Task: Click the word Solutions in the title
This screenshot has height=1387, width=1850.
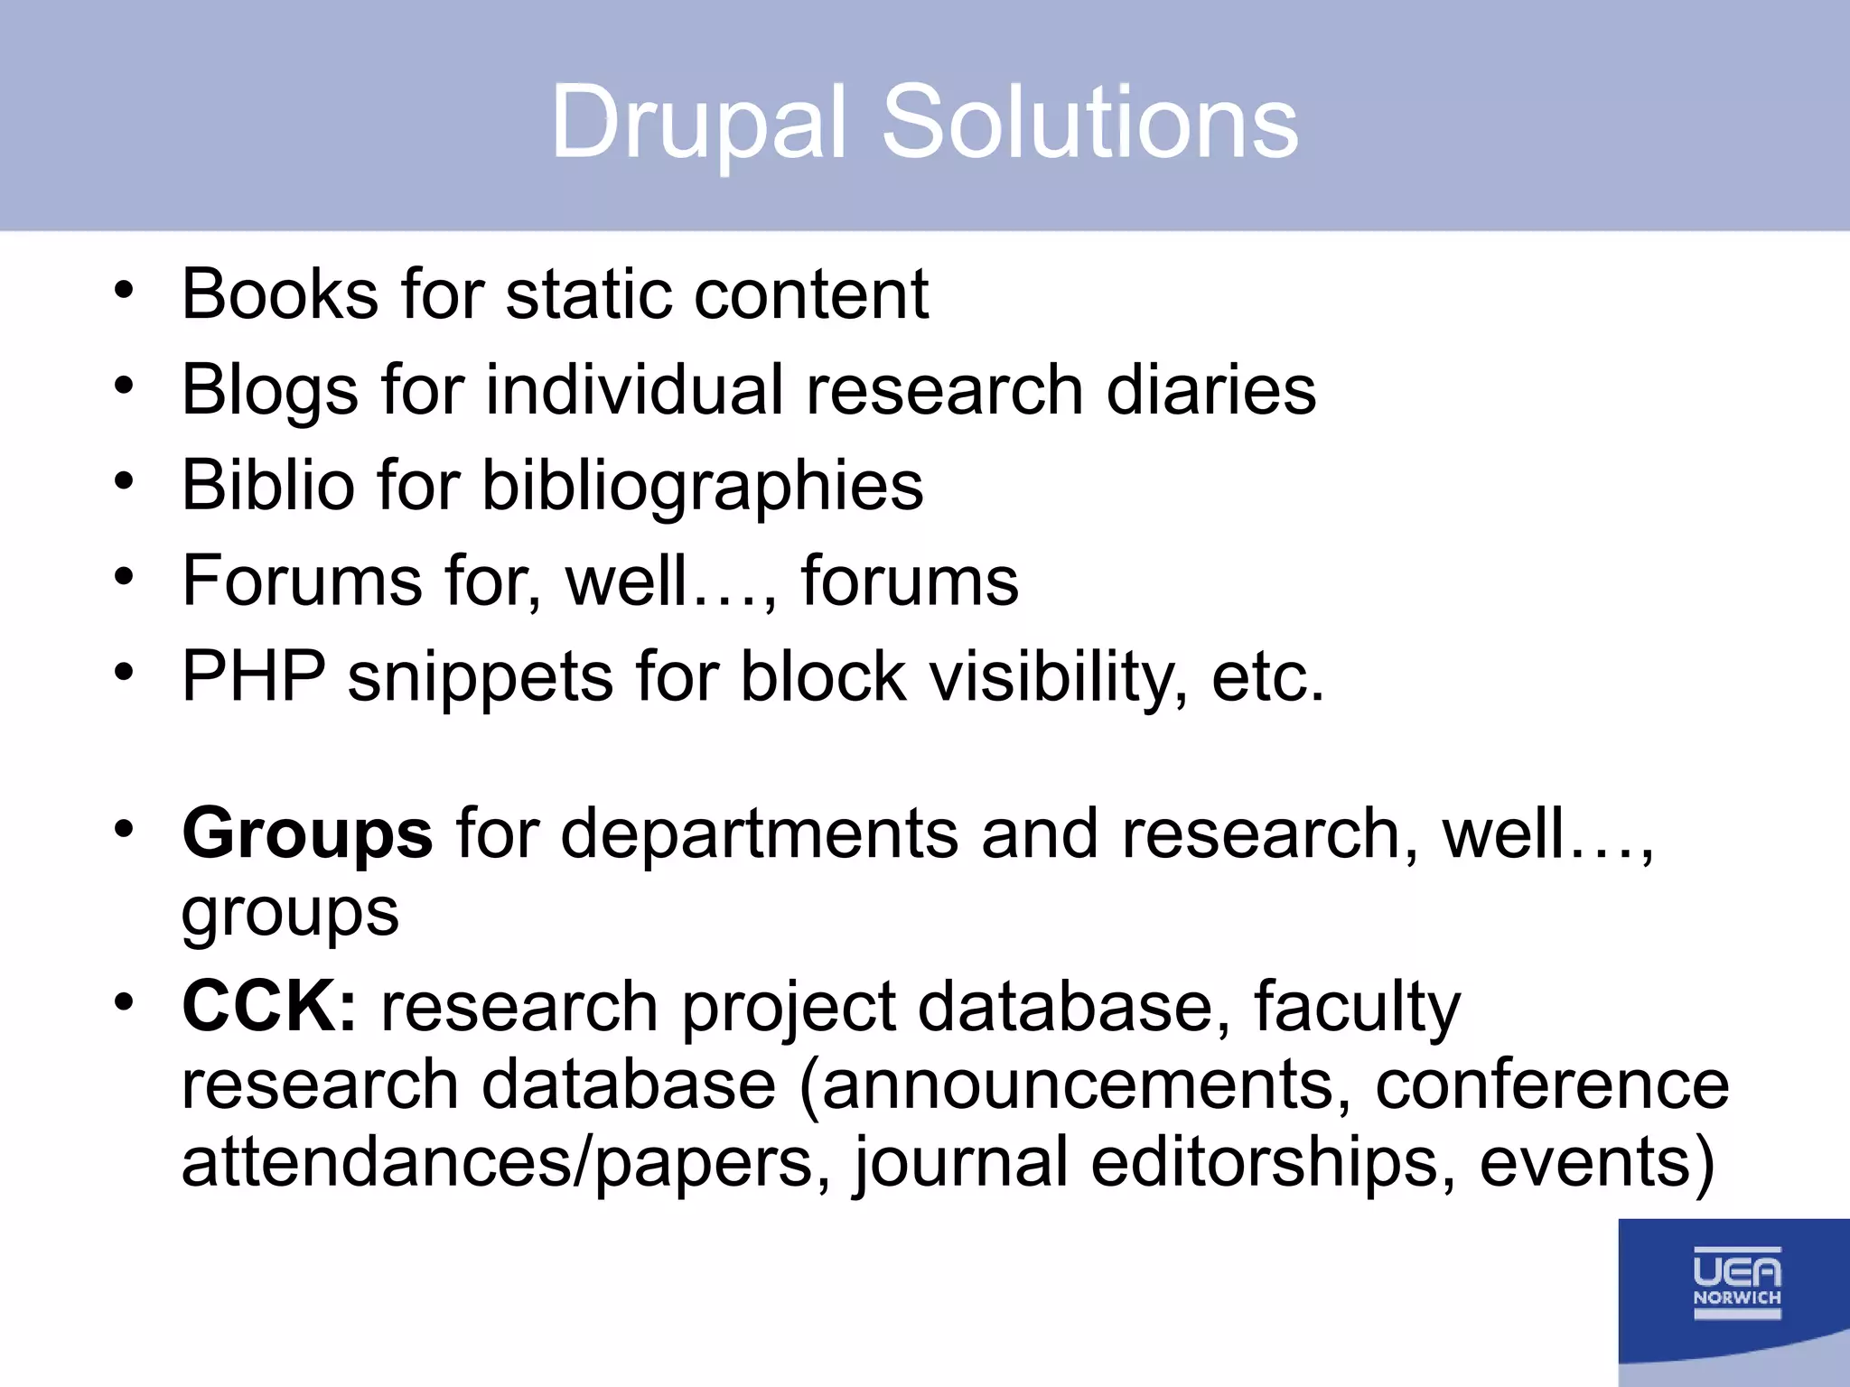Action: (x=1089, y=122)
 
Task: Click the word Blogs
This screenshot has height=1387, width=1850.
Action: (x=270, y=390)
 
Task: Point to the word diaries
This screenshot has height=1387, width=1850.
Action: (x=1210, y=390)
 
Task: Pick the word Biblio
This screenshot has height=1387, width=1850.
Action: (x=267, y=485)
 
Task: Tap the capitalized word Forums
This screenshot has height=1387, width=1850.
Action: (x=302, y=581)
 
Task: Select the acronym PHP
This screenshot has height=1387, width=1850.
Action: (x=254, y=676)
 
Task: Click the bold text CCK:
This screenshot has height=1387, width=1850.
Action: (x=269, y=1006)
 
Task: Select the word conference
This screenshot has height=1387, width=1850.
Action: (x=1551, y=1084)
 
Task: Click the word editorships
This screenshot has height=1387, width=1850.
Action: (x=1265, y=1163)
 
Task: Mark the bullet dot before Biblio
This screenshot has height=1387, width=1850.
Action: (x=124, y=481)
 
